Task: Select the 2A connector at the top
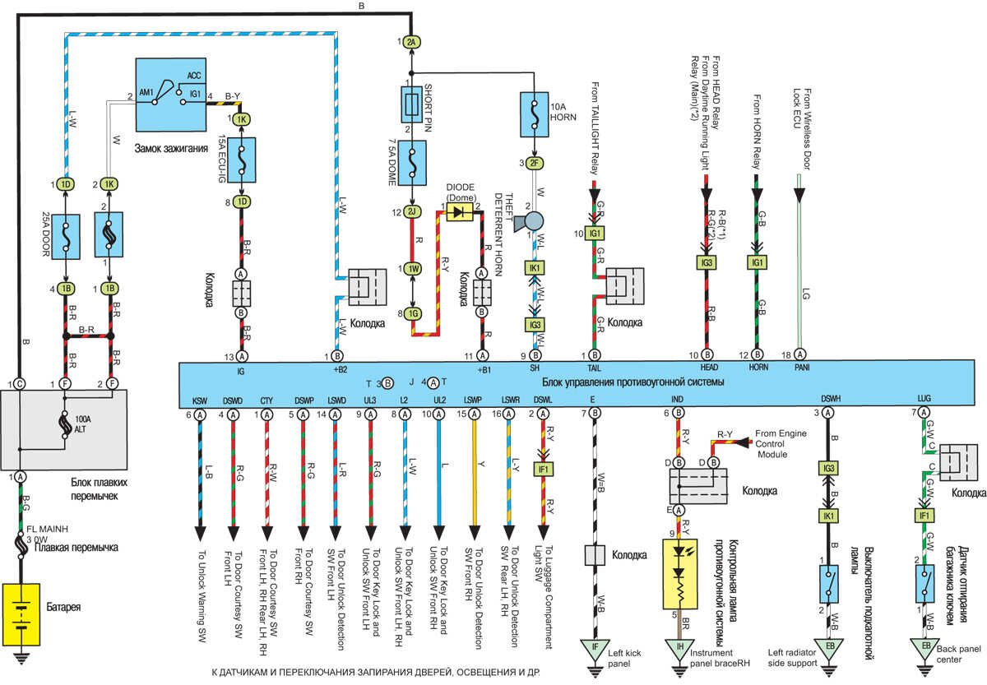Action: point(412,40)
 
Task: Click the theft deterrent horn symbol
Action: point(535,222)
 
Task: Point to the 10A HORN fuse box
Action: point(535,113)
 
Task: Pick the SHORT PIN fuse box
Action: point(412,104)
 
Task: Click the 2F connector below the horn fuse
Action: point(535,163)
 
